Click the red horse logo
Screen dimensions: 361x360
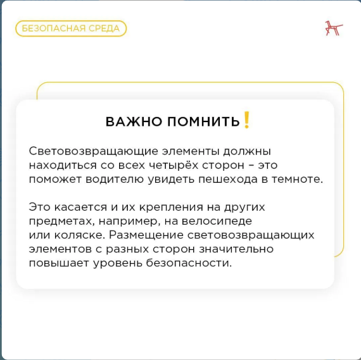pos(334,28)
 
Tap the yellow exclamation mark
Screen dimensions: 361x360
pos(246,120)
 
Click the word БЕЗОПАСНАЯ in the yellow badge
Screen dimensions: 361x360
pos(54,28)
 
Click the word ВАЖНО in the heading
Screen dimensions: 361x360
pos(134,121)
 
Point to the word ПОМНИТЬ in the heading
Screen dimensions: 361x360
pos(203,121)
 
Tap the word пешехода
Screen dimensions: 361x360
pos(228,180)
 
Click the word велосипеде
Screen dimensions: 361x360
pos(217,221)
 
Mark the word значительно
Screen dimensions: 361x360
pos(236,249)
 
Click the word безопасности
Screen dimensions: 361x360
pos(189,263)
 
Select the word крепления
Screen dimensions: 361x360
pos(172,208)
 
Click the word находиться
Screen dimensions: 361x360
pos(63,165)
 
